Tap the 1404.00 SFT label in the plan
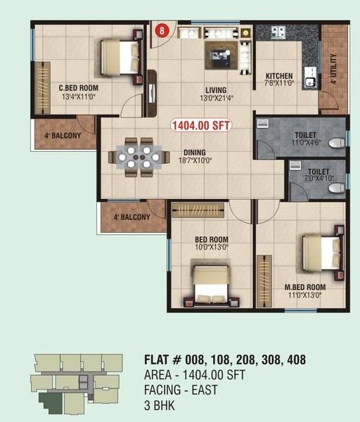(x=201, y=124)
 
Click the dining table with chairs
(x=139, y=157)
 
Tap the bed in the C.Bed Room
(x=120, y=57)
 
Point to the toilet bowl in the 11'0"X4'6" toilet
(x=337, y=143)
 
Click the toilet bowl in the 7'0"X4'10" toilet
(x=337, y=188)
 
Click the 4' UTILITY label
(x=333, y=70)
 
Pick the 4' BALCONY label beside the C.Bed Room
(x=63, y=135)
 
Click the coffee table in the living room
(x=221, y=53)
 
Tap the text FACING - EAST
(x=181, y=390)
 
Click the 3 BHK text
(x=160, y=406)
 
